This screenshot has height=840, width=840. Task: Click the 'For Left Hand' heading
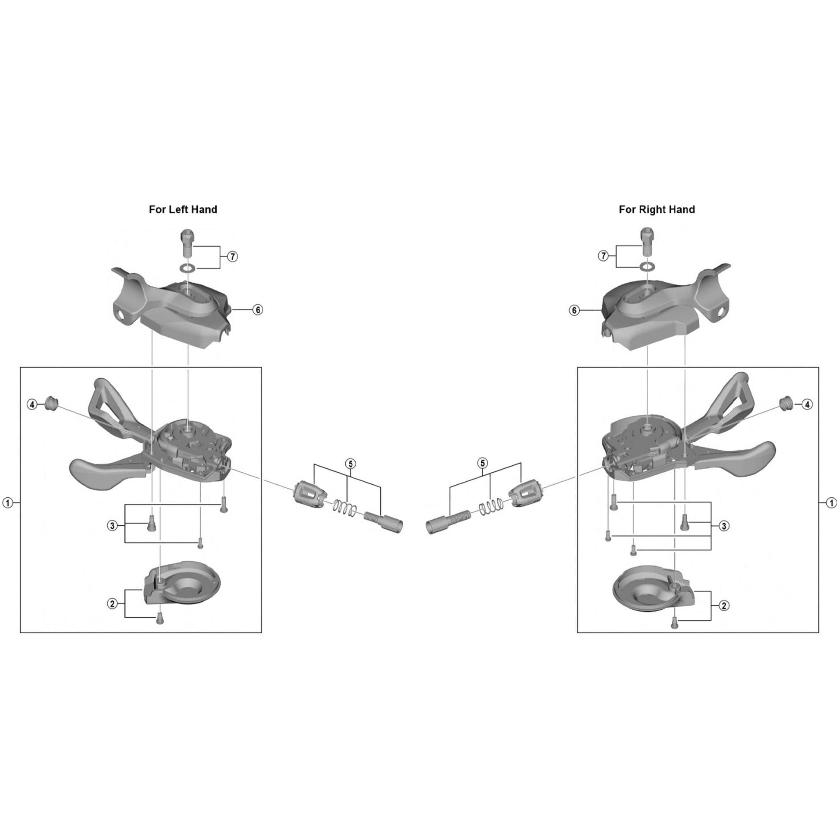183,209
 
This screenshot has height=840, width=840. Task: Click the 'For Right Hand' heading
657,209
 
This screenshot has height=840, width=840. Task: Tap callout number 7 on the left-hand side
233,256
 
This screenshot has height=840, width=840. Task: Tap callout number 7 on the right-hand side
603,256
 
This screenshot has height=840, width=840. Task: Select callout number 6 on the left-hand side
258,310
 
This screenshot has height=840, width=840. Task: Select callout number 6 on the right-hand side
575,310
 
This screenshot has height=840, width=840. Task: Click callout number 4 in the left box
32,405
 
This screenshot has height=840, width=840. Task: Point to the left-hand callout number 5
350,464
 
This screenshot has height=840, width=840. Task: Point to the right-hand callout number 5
482,464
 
